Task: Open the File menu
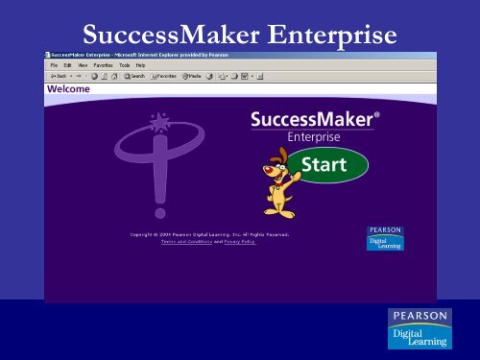(55, 65)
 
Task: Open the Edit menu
(69, 65)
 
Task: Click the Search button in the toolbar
(133, 76)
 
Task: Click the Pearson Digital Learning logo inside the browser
(385, 237)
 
